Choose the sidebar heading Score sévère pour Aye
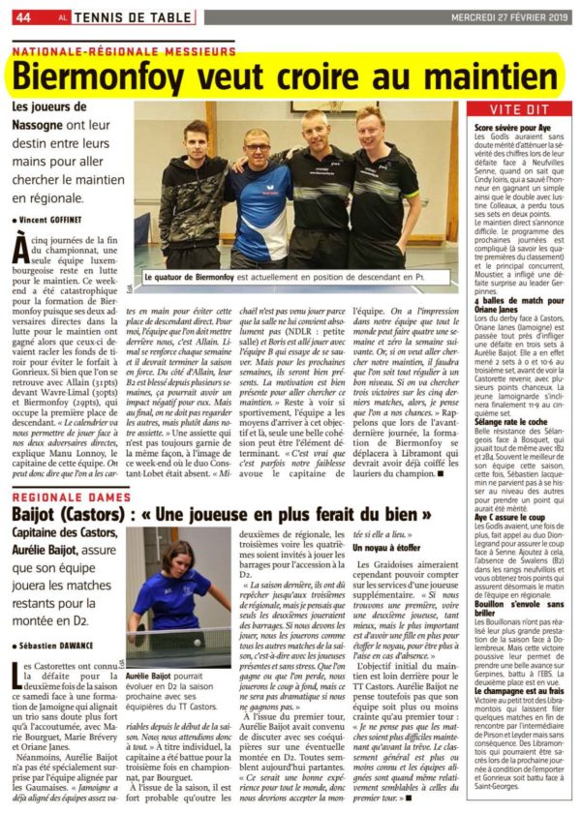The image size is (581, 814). pyautogui.click(x=509, y=127)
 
